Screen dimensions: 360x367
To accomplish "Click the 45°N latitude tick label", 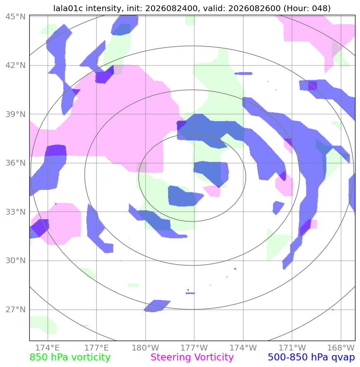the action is tap(16, 16).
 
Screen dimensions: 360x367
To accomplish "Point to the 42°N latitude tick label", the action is tap(16, 65).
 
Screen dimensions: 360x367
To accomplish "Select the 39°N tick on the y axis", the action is tap(16, 114).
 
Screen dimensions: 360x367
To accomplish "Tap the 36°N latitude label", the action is tap(16, 163).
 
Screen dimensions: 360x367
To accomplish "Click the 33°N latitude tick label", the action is tap(16, 212).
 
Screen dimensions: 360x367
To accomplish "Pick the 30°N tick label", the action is tap(16, 260).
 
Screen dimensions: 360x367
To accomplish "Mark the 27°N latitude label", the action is tap(16, 309).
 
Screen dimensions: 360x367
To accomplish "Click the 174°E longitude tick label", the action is tap(48, 348).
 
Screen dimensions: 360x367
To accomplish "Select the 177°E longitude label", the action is tap(96, 348).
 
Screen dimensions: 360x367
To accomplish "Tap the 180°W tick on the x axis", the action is tap(145, 348).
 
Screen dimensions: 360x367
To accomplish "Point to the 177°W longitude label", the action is tap(194, 348).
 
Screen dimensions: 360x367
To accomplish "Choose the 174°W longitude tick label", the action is tap(243, 348).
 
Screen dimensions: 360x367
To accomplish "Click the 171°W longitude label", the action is tap(292, 348).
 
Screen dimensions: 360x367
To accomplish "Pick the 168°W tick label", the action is tap(341, 348).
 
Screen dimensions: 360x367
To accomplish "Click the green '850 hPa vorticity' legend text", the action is tap(70, 358).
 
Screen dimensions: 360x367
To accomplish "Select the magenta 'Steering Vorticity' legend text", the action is tap(192, 358).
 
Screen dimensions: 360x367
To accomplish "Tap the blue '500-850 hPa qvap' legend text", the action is tap(311, 358).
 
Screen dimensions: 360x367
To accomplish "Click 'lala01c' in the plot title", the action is tap(68, 8).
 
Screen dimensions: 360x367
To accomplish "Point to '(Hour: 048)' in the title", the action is tap(307, 8).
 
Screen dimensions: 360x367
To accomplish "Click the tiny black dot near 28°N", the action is tap(188, 290).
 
